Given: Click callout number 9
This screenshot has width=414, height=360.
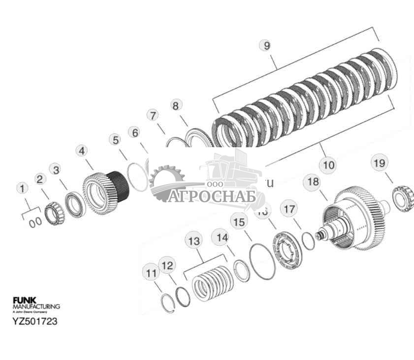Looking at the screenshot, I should point(266,45).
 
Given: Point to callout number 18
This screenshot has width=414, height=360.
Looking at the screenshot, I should point(312,182).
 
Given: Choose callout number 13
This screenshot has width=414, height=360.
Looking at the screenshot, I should point(193,241).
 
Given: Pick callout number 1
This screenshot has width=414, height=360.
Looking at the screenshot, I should point(22,188).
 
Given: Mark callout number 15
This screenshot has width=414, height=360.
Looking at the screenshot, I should point(238,222).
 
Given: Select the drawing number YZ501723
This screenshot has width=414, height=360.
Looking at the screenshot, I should point(34,321).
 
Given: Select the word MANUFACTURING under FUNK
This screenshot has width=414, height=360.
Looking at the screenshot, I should point(36,306).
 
